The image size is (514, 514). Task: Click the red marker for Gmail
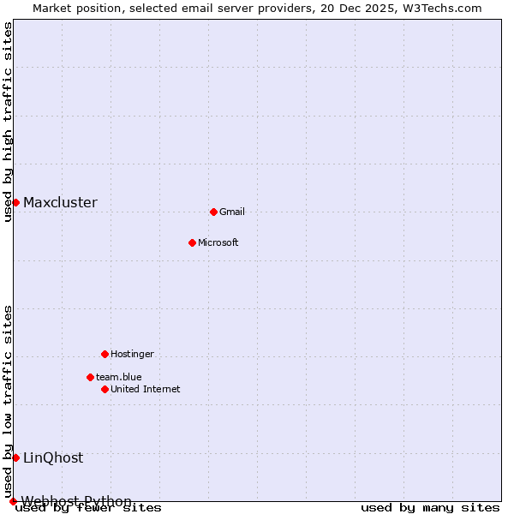[213, 212]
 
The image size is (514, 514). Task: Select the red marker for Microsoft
[192, 242]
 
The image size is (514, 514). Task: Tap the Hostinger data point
[105, 354]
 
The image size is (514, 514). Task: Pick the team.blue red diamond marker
[90, 377]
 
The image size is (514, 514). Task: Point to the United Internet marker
[105, 389]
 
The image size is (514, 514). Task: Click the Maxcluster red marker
[15, 202]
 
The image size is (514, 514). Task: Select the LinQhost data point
[15, 457]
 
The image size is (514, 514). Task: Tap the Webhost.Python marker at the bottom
[13, 501]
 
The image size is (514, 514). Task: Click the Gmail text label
[232, 212]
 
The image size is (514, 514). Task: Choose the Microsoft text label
[218, 243]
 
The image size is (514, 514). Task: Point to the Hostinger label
[132, 355]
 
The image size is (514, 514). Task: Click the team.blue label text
[119, 378]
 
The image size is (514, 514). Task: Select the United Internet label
[146, 390]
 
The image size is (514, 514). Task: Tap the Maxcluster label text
[60, 203]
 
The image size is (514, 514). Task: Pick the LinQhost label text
[53, 458]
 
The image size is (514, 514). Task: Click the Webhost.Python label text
[77, 501]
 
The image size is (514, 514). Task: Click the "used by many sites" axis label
[430, 508]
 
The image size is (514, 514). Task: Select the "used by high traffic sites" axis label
[9, 122]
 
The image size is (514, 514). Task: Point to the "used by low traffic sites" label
[9, 401]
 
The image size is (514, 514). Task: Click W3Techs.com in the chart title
[441, 9]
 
